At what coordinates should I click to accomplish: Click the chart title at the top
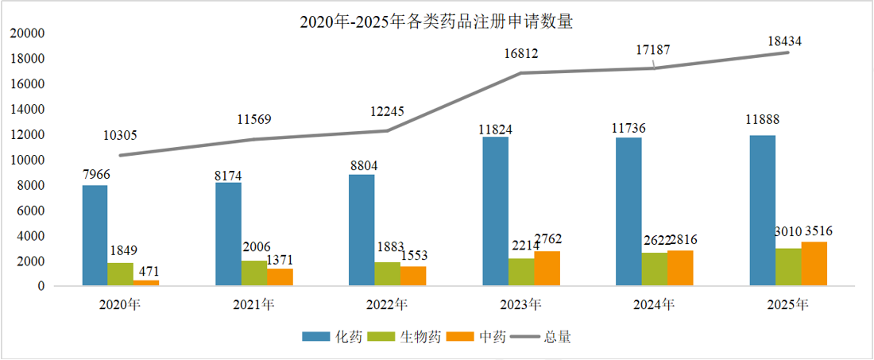coord(436,22)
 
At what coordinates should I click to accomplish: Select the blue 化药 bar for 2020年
coord(95,235)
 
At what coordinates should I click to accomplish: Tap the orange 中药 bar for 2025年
coord(814,264)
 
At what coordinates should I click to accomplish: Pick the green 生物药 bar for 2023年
coord(521,272)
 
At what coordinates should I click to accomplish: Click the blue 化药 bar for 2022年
coord(362,230)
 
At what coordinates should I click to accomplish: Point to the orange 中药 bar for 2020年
coord(146,283)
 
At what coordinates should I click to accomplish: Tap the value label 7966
coord(95,173)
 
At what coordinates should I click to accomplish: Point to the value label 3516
coord(816,231)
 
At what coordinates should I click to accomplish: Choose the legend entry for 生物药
coord(420,337)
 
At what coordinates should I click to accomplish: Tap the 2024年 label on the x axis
coord(654,304)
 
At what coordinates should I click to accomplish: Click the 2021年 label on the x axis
coord(253,304)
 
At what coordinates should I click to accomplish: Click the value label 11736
coord(628,126)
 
